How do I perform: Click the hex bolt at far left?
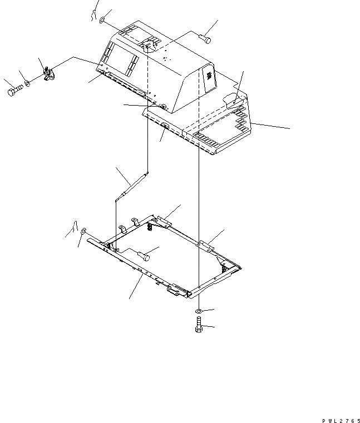point(16,91)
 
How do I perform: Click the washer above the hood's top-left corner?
point(103,21)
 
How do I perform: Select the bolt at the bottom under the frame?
point(199,326)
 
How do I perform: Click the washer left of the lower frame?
point(83,231)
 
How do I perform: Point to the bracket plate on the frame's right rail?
point(206,243)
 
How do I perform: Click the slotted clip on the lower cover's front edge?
point(164,128)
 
